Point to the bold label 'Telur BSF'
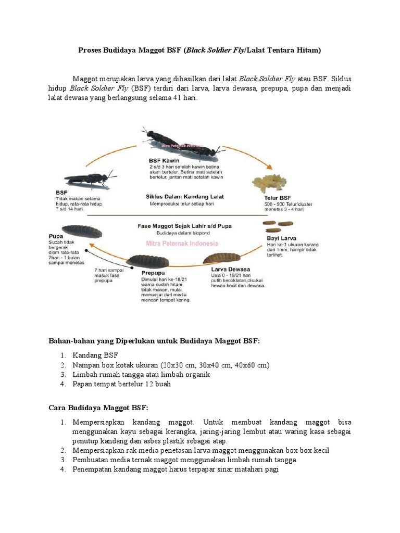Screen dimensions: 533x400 [279, 198]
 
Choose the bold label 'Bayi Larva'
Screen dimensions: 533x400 [281, 238]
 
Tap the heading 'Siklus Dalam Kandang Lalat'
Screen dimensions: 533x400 [185, 196]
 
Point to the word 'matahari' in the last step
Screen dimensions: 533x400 [244, 469]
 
